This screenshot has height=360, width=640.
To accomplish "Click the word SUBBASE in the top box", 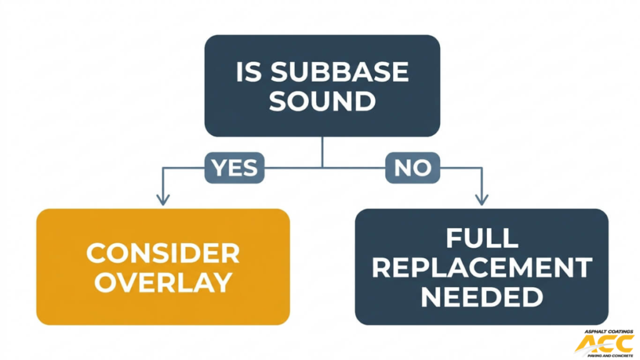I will click(x=339, y=72).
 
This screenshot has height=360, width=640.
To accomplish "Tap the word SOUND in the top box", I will click(x=322, y=101).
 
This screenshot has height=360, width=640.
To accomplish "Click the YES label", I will click(x=234, y=167).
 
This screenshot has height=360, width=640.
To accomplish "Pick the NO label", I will click(x=412, y=167).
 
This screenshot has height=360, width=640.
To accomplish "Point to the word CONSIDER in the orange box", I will click(x=162, y=254).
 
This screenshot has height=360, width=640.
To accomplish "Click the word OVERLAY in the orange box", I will click(x=162, y=282).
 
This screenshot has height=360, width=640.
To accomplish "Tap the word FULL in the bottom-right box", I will click(x=481, y=238).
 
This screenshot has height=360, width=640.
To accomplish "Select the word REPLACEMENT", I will click(x=481, y=267).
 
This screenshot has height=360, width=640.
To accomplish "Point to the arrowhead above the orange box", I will click(x=162, y=201).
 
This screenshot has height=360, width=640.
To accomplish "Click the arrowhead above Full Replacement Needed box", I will click(x=481, y=201).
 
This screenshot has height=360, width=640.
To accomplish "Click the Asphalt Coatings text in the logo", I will click(x=609, y=331).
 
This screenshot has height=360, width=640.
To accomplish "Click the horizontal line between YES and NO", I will click(x=322, y=167).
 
